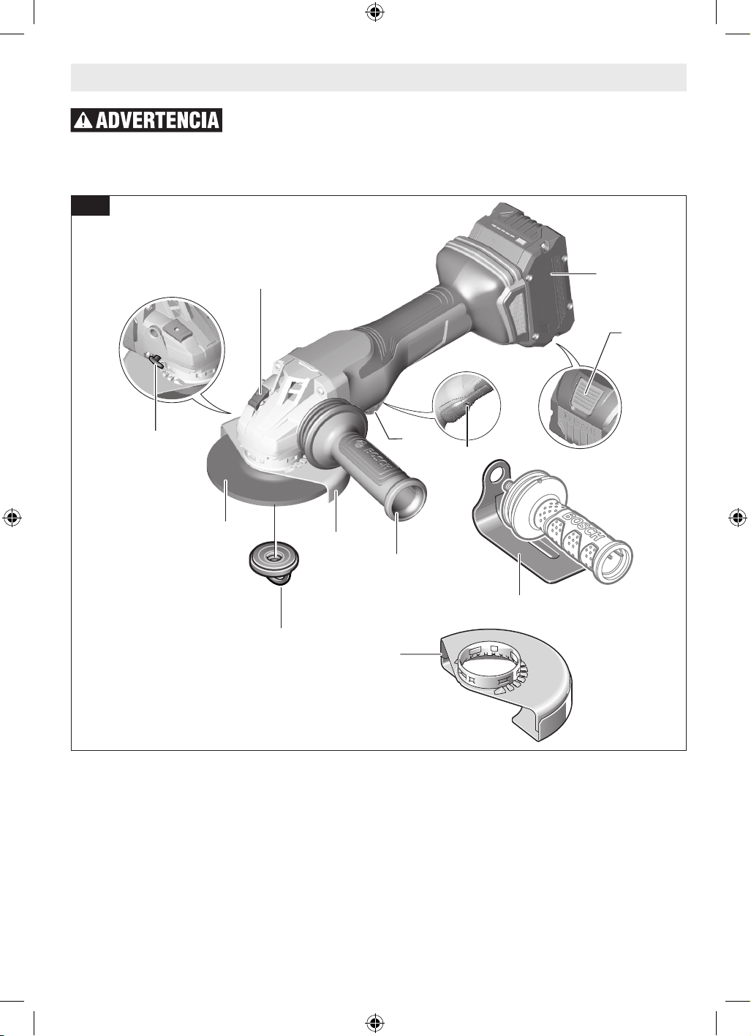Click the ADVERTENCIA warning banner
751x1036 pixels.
(x=146, y=120)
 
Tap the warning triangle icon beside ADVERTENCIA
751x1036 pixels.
(x=85, y=121)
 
